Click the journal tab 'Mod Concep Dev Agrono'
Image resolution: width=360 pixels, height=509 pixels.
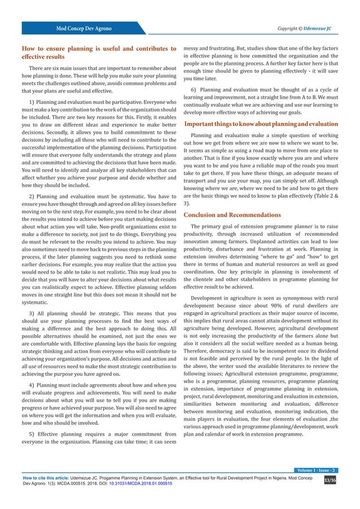[x=82, y=28]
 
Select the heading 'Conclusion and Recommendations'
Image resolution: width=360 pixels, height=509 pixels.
[x=232, y=214]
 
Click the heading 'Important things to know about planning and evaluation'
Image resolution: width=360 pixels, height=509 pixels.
[x=262, y=124]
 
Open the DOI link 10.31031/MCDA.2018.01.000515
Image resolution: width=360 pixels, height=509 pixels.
[x=140, y=483]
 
